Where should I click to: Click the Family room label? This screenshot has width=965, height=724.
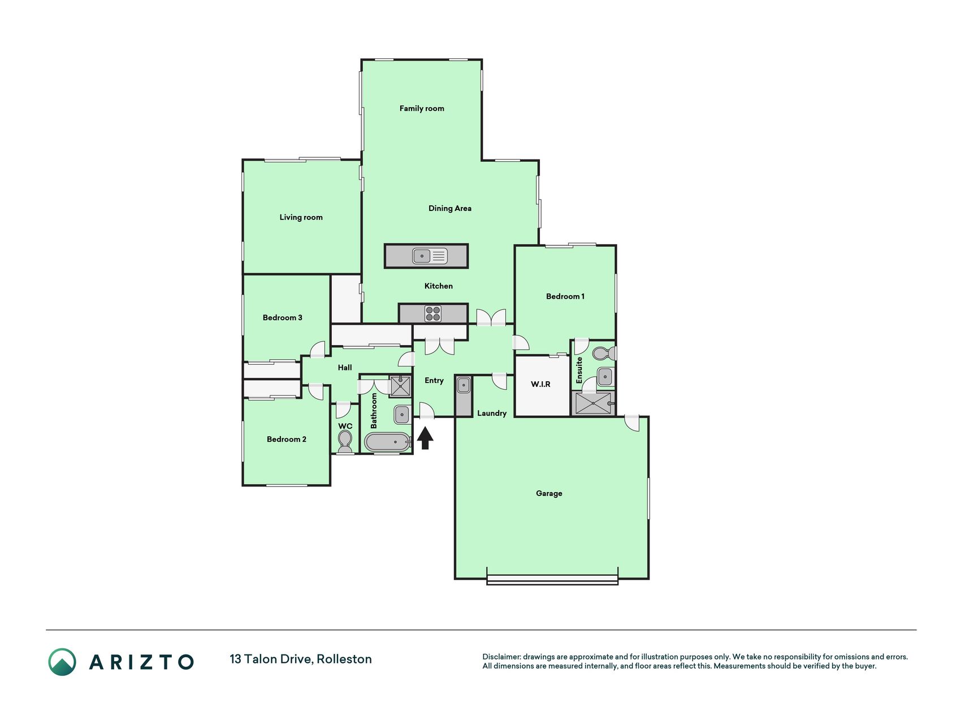(x=422, y=108)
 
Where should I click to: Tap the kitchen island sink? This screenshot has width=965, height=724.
(x=430, y=256)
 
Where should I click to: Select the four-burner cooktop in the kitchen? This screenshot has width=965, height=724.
(x=433, y=313)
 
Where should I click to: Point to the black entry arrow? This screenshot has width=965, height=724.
(x=425, y=438)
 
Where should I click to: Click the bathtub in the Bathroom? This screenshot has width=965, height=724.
(x=387, y=442)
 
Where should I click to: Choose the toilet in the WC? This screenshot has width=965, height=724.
(x=345, y=440)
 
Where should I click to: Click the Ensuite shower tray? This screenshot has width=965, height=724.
(x=592, y=403)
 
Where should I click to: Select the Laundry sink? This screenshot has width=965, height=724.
(x=464, y=386)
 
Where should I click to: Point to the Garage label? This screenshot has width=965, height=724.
(x=549, y=493)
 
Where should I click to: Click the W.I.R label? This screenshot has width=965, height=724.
(x=540, y=384)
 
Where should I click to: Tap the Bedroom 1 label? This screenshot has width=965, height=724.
(x=565, y=296)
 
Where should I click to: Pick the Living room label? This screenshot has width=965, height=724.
(x=301, y=217)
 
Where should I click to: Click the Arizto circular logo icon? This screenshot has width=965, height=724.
(x=62, y=662)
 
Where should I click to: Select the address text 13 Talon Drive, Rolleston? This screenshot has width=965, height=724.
(x=301, y=659)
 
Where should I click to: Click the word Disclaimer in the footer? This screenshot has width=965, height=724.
(x=501, y=657)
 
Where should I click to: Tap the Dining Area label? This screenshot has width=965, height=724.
(x=450, y=208)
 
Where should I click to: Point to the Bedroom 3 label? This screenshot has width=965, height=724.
(x=282, y=317)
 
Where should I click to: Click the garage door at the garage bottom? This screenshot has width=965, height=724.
(x=552, y=580)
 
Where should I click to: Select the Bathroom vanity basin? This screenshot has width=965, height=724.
(x=402, y=414)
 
